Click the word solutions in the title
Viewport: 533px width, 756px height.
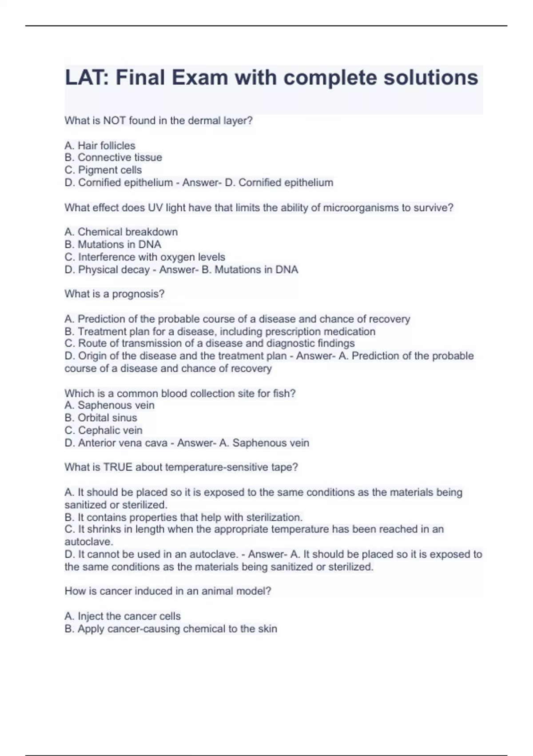tap(430, 78)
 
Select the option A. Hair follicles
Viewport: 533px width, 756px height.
tap(100, 145)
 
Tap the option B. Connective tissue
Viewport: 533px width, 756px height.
tap(113, 157)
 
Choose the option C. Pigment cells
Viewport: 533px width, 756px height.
tap(103, 170)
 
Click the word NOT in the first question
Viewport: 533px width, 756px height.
tap(115, 121)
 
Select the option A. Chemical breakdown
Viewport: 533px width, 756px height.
tap(121, 232)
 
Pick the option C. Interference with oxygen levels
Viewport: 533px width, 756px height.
tap(145, 257)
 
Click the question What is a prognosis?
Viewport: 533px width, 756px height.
tap(115, 294)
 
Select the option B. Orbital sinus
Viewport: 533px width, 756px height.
tap(101, 418)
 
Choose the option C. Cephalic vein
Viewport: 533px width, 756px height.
tap(103, 430)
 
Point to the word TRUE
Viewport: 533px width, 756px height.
tap(118, 467)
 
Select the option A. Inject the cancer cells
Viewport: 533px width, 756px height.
tap(123, 616)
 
